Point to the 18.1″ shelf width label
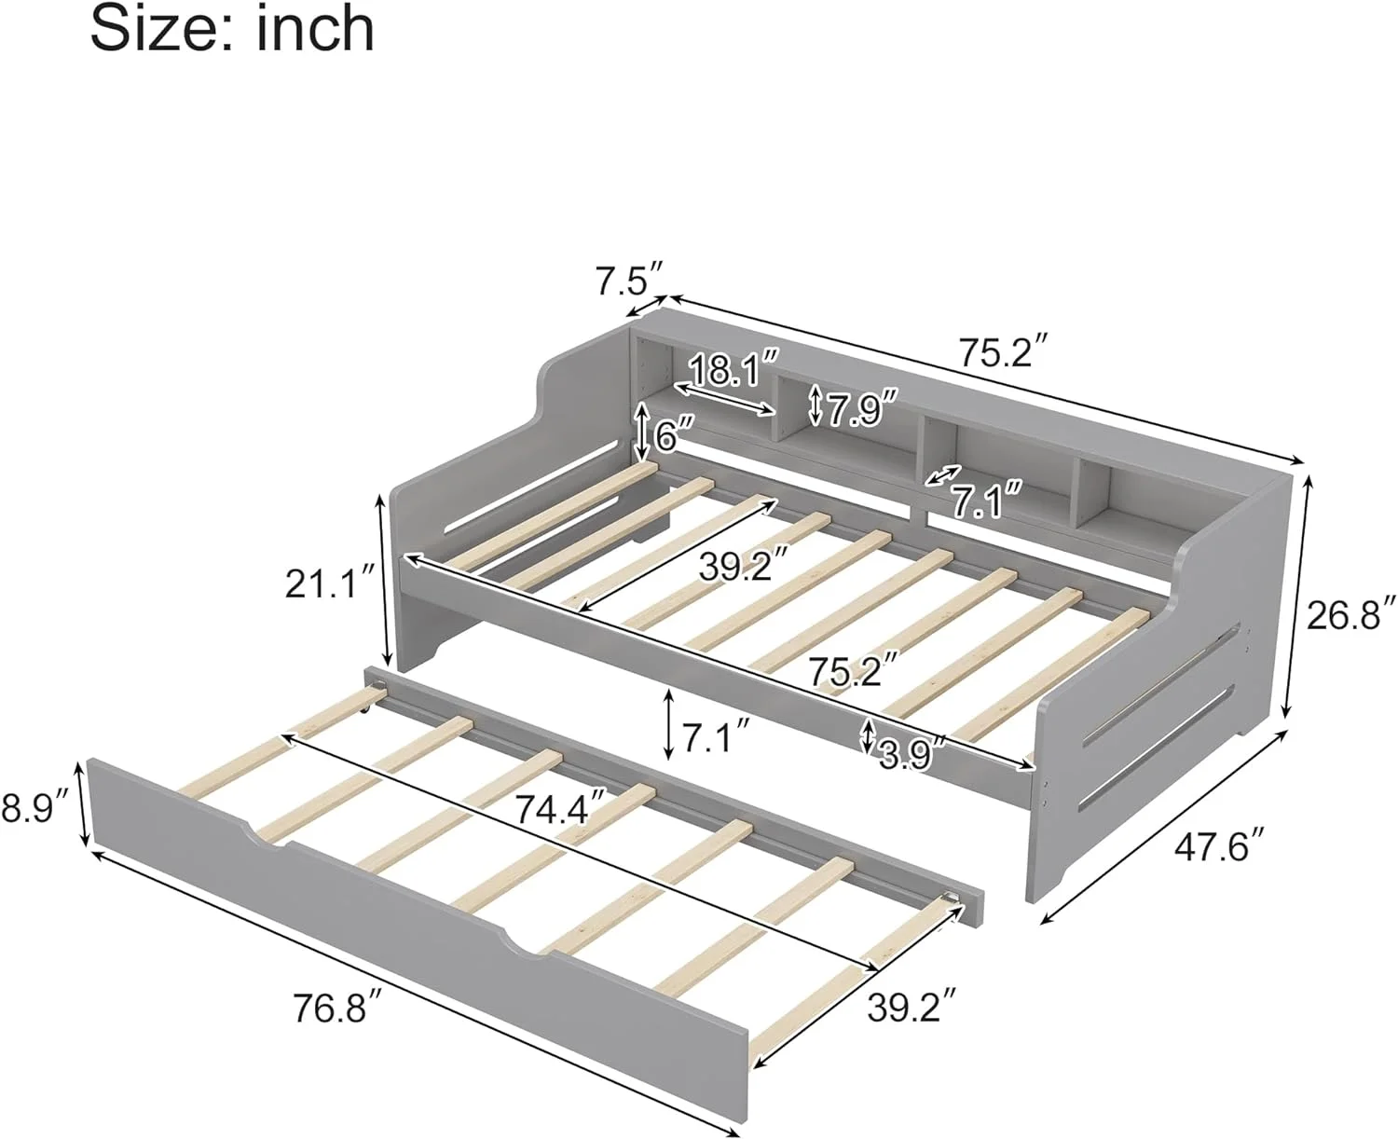[733, 370]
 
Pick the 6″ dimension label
[673, 434]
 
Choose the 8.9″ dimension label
[35, 805]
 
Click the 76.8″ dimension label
[338, 1008]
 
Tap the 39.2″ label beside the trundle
[911, 1007]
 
